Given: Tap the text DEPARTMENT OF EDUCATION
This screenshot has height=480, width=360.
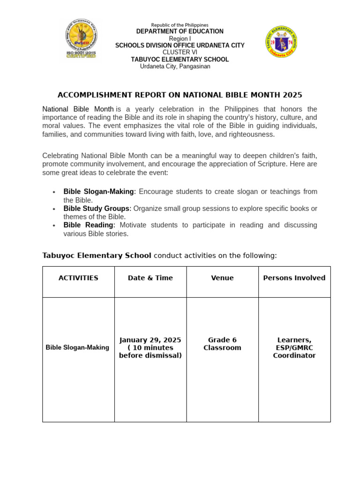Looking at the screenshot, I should point(180,31).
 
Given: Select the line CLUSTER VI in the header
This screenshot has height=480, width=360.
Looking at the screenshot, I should point(180,52).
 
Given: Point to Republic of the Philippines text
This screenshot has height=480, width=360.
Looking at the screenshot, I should point(180,25).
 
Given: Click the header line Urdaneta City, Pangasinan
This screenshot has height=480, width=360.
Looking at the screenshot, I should point(175,67).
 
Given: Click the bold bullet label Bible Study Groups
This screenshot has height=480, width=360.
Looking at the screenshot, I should point(97,208).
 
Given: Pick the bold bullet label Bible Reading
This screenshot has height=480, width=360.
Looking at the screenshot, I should point(89,225).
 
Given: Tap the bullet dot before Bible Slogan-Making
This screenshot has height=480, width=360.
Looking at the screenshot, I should point(54,192).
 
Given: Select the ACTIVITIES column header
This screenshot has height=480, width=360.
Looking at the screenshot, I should point(78,278).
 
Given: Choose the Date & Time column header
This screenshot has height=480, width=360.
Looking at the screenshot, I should point(150,278).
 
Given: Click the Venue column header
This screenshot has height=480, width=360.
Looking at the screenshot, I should point(222,278).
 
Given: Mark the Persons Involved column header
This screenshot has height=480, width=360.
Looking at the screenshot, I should point(294,278).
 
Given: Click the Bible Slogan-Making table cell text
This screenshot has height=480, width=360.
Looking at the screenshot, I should point(77,348).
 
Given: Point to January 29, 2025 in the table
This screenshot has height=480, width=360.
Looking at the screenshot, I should point(150,340).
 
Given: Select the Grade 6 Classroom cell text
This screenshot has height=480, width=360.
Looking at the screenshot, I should point(222,344).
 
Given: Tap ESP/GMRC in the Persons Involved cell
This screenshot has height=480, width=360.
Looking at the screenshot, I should point(294,348).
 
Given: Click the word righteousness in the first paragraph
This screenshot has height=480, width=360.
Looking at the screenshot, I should point(251,135).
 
